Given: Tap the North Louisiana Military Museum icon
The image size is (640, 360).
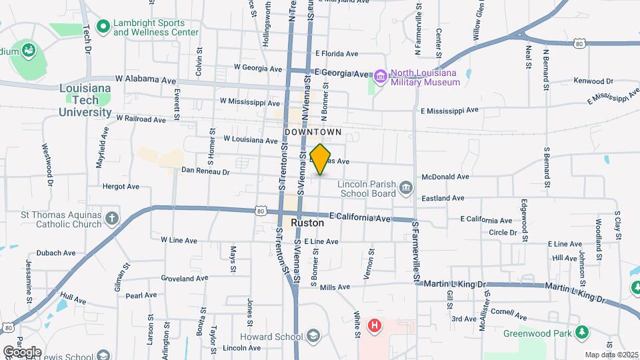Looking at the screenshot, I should pyautogui.click(x=380, y=77).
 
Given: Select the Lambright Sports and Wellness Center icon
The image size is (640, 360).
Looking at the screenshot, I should pyautogui.click(x=103, y=27).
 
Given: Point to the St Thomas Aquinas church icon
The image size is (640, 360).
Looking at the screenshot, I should pyautogui.click(x=112, y=219).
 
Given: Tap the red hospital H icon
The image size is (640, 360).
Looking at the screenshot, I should pyautogui.click(x=375, y=326).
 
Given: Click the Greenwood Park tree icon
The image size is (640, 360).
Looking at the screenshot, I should pyautogui.click(x=583, y=332).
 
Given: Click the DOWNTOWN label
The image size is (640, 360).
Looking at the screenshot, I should pyautogui.click(x=313, y=133).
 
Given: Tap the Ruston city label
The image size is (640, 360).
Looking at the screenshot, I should pyautogui.click(x=307, y=223).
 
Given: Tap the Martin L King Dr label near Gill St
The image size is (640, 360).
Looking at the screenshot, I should pyautogui.click(x=455, y=284).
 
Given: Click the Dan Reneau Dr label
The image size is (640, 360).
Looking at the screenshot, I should pyautogui.click(x=205, y=171).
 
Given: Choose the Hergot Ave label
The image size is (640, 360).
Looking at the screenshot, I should pyautogui.click(x=121, y=187).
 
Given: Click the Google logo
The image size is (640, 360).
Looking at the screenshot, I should pyautogui.click(x=22, y=351).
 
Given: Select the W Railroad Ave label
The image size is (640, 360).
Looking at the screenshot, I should pyautogui.click(x=141, y=119).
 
